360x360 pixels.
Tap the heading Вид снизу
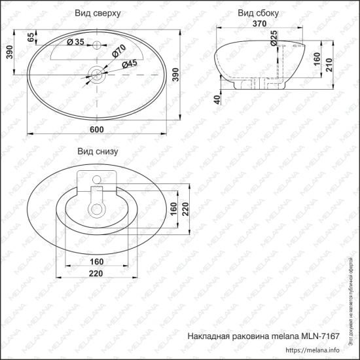click(x=97, y=151)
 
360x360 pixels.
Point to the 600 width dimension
click(x=96, y=129)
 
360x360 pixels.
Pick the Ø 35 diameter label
click(x=77, y=43)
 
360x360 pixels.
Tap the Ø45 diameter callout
click(x=128, y=63)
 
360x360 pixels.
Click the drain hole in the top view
click(x=96, y=75)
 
